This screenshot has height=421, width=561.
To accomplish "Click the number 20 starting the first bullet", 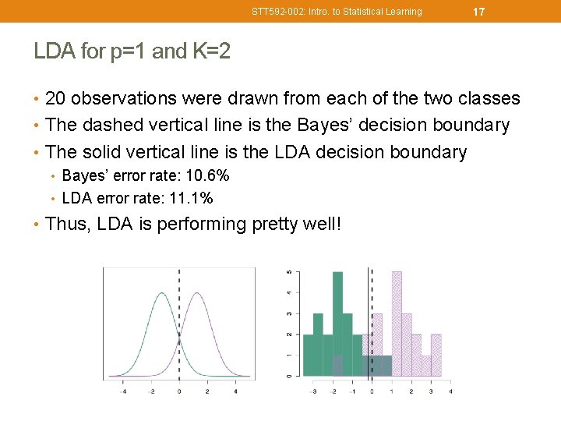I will (55, 98).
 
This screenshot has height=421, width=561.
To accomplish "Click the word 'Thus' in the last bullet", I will (65, 225).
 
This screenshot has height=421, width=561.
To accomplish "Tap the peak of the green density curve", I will (161, 294).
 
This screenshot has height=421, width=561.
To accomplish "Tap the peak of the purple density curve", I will (198, 294).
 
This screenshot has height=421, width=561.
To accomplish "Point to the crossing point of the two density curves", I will (179, 338).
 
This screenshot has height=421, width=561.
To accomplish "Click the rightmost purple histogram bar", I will (436, 355).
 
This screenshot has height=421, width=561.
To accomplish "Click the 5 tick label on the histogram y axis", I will (290, 271).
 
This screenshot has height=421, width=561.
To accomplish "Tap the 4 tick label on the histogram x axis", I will (450, 391).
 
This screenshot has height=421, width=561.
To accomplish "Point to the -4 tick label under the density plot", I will (124, 391).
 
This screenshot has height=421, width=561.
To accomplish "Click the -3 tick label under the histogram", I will (313, 391).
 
